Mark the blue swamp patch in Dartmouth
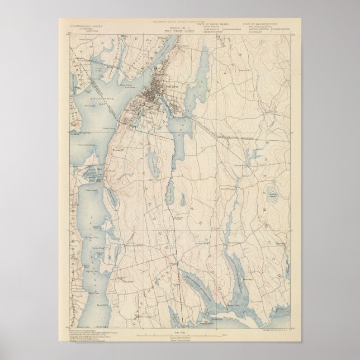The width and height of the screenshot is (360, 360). pos(273,196)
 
